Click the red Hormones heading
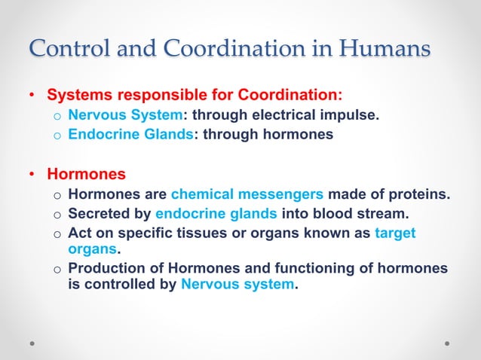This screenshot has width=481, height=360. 86,175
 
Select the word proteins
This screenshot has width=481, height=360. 418,194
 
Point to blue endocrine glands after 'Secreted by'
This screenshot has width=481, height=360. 216,214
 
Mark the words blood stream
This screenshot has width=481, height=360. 366,214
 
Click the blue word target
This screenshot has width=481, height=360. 395,233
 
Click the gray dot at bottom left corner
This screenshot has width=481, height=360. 32,342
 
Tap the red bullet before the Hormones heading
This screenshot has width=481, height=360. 32,175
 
